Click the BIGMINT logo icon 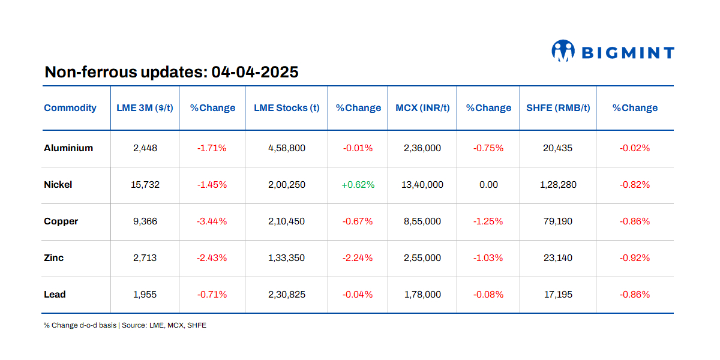tap(563, 52)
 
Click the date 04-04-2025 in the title tap(255, 73)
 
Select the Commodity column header tap(70, 108)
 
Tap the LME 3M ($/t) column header tap(145, 108)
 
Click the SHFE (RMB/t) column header tap(558, 108)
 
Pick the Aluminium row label tap(68, 148)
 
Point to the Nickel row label tap(58, 185)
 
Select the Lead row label tap(55, 295)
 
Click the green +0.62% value tap(358, 185)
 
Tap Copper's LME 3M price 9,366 tap(145, 221)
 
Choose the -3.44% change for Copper tap(212, 221)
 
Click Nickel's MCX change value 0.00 tap(488, 185)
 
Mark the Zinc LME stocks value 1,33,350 tap(286, 258)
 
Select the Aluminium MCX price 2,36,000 tap(422, 148)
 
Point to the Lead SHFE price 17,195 tap(558, 295)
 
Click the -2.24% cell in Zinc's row tap(358, 258)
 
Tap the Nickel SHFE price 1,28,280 tap(558, 185)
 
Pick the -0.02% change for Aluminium tap(635, 148)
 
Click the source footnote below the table tap(125, 325)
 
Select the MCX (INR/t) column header tap(422, 108)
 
